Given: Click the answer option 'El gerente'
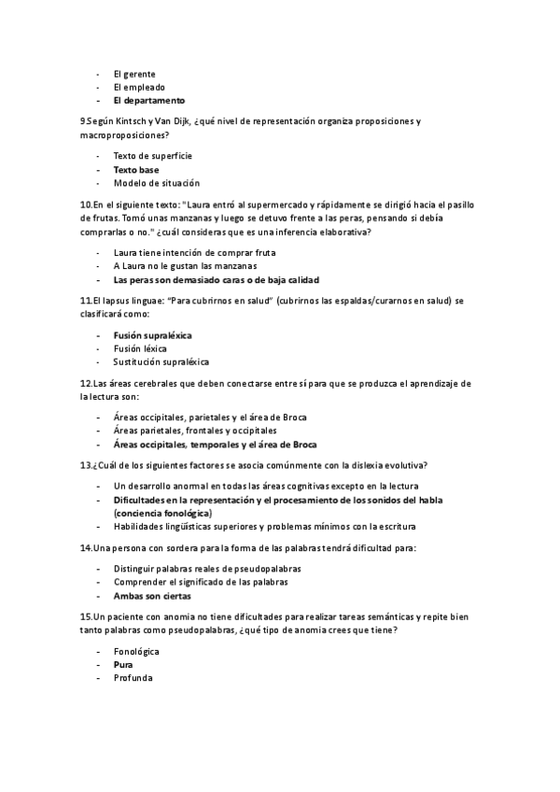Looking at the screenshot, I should pos(133,73).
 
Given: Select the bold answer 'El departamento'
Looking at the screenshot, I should pos(148,100).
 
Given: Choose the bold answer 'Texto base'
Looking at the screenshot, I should pos(136,170).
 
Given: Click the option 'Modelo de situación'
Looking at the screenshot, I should pos(157,183).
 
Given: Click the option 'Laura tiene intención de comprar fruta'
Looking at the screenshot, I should pos(194,253).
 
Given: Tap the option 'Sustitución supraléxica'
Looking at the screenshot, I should pos(161,361).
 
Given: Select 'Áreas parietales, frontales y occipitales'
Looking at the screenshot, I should pos(195,431).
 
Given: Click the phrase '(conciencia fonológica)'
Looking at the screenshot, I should pos(162,514).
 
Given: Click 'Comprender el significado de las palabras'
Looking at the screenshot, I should pos(201,582).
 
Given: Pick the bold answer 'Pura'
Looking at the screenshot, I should pos(123,664).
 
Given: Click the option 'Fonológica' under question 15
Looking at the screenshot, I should pos(136,651).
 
